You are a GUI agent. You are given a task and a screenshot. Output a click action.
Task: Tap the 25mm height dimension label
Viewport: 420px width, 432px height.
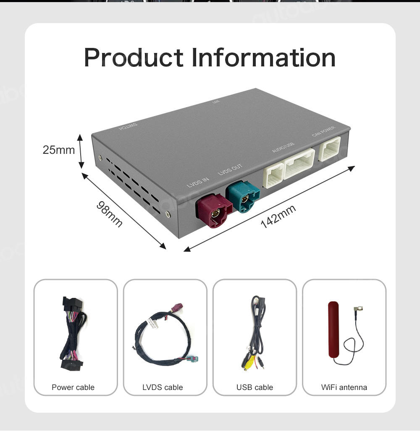pos(58,150)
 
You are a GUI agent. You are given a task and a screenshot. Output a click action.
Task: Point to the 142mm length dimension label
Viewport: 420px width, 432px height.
pos(278,216)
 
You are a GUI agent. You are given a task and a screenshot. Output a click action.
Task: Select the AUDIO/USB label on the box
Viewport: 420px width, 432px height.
pos(283,148)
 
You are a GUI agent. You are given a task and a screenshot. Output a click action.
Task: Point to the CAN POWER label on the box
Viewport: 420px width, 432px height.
pos(323,132)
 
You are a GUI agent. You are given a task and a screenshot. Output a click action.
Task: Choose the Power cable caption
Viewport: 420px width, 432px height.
pos(73,387)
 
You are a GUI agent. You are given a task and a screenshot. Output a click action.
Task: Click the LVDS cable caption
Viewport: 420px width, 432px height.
pos(163,387)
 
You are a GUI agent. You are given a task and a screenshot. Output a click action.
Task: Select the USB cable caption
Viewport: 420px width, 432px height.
pos(255,387)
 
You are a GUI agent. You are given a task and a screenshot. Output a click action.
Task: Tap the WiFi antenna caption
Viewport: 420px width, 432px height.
pos(344,387)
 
